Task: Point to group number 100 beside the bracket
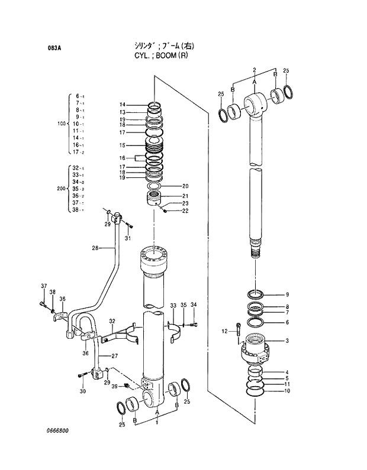[x=60, y=124]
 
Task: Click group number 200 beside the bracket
[x=60, y=189]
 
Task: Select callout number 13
[x=122, y=112]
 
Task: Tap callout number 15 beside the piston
[x=122, y=145]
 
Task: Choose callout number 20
[x=185, y=186]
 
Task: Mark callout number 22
[x=185, y=211]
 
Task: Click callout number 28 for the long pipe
[x=95, y=248]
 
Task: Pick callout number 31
[x=127, y=238]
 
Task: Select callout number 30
[x=82, y=391]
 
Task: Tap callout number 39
[x=115, y=386]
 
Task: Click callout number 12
[x=224, y=330]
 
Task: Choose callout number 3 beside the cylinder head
[x=287, y=341]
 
